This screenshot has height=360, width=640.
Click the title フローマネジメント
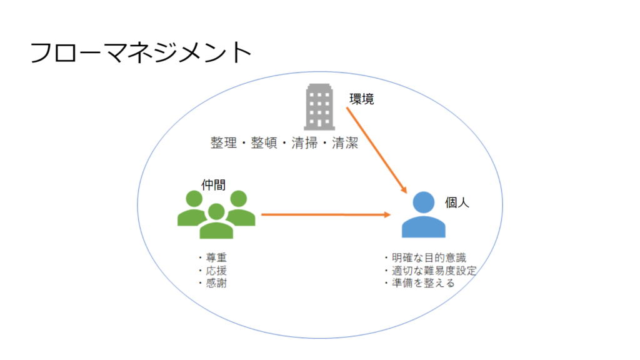(141, 53)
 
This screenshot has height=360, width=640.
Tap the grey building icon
(320, 107)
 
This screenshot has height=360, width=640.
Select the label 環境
(361, 98)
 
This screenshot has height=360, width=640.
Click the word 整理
(224, 143)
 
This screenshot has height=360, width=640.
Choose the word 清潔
(344, 143)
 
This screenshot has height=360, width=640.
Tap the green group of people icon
(216, 214)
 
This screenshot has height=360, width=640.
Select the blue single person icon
(424, 215)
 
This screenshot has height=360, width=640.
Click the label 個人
(456, 203)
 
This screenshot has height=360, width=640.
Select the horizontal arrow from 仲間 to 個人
(325, 214)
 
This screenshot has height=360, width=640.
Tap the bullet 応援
(211, 270)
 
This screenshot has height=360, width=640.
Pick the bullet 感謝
(211, 282)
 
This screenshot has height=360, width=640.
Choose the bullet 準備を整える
(419, 282)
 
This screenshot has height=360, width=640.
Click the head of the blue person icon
(424, 201)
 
